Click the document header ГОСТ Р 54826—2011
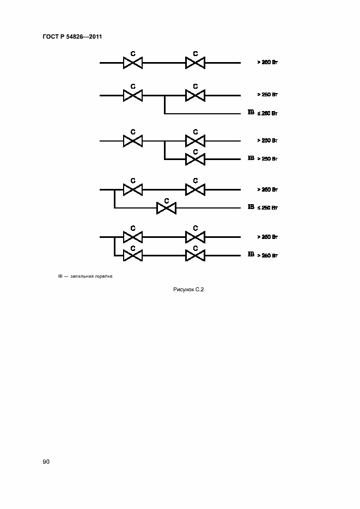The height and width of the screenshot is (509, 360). [x=72, y=37]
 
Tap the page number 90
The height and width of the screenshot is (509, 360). [x=46, y=462]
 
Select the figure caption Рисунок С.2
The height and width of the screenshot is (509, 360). [x=188, y=290]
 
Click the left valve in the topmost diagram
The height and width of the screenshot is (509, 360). [x=132, y=63]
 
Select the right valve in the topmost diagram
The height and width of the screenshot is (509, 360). [x=195, y=63]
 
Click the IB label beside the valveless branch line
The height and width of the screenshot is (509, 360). [x=251, y=113]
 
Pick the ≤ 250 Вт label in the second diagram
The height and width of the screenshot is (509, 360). [x=267, y=113]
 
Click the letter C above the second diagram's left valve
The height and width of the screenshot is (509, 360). [x=132, y=86]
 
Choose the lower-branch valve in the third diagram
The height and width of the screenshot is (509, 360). [x=195, y=159]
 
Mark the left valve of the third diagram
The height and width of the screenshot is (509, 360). [x=132, y=141]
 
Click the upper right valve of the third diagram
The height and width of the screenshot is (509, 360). [x=195, y=141]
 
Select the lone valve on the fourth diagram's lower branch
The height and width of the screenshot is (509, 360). [x=166, y=208]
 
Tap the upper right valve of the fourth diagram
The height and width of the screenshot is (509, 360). [x=195, y=189]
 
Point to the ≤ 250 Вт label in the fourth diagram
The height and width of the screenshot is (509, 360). [x=267, y=208]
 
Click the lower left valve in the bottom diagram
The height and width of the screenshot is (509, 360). [x=132, y=255]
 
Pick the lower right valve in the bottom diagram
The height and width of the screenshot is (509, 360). [x=195, y=255]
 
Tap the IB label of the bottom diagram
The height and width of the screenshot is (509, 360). [x=251, y=254]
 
